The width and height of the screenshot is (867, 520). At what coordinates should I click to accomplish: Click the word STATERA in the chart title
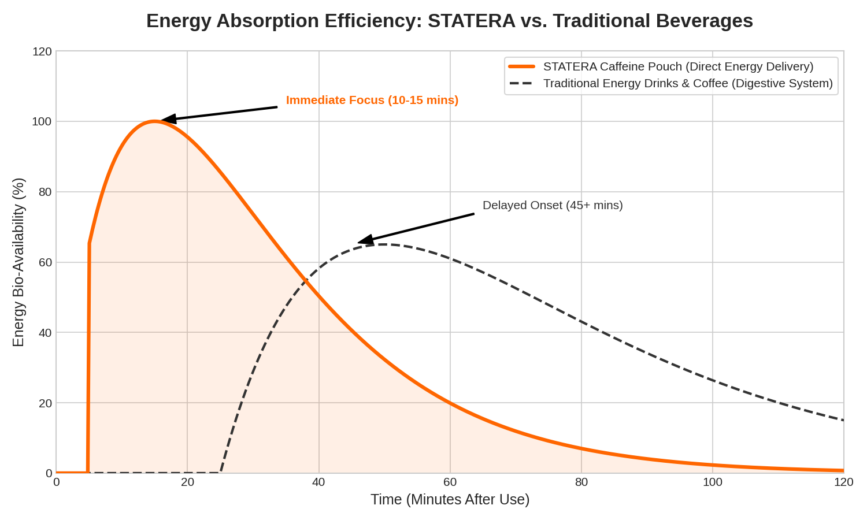[x=471, y=21]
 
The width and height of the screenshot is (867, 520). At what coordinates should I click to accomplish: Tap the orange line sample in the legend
[x=522, y=66]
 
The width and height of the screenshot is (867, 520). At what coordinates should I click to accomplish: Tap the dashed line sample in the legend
[x=522, y=83]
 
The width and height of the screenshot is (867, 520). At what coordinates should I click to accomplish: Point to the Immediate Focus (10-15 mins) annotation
[x=372, y=100]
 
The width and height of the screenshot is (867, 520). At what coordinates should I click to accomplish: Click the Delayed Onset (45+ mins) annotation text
[x=553, y=205]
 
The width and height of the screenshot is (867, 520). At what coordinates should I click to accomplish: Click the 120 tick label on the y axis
[x=42, y=51]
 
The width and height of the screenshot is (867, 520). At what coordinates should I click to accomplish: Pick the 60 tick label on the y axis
[x=45, y=262]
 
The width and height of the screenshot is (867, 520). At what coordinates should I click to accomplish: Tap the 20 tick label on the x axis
[x=187, y=482]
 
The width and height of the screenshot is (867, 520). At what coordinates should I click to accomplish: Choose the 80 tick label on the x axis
[x=581, y=482]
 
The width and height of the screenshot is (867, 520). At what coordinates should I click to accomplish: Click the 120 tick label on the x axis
[x=843, y=482]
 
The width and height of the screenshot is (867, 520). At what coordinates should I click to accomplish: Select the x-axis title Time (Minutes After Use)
[x=450, y=500]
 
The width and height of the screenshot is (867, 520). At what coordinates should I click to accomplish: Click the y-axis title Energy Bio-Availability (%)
[x=18, y=262]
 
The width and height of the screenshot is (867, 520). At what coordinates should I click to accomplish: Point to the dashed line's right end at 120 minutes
[x=843, y=420]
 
